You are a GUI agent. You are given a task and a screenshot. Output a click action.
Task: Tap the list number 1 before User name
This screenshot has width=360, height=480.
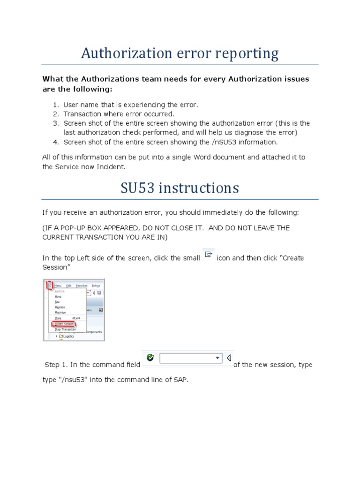pyautogui.click(x=55, y=105)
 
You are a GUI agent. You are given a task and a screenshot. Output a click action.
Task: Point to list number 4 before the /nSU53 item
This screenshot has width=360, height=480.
pyautogui.click(x=55, y=142)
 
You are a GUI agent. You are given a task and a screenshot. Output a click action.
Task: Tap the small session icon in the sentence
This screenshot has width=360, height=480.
pyautogui.click(x=209, y=255)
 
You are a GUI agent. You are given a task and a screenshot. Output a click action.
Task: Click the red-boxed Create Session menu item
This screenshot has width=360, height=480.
pyautogui.click(x=64, y=323)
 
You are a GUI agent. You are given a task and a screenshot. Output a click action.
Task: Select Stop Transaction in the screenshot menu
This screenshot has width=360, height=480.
pyautogui.click(x=64, y=330)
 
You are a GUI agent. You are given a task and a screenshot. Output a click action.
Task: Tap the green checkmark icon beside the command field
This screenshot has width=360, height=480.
pyautogui.click(x=150, y=358)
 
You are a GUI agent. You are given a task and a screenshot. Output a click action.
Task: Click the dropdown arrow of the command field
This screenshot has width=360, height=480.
pyautogui.click(x=217, y=358)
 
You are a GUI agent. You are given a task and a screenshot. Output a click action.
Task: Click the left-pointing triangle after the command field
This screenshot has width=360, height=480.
pyautogui.click(x=229, y=358)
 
